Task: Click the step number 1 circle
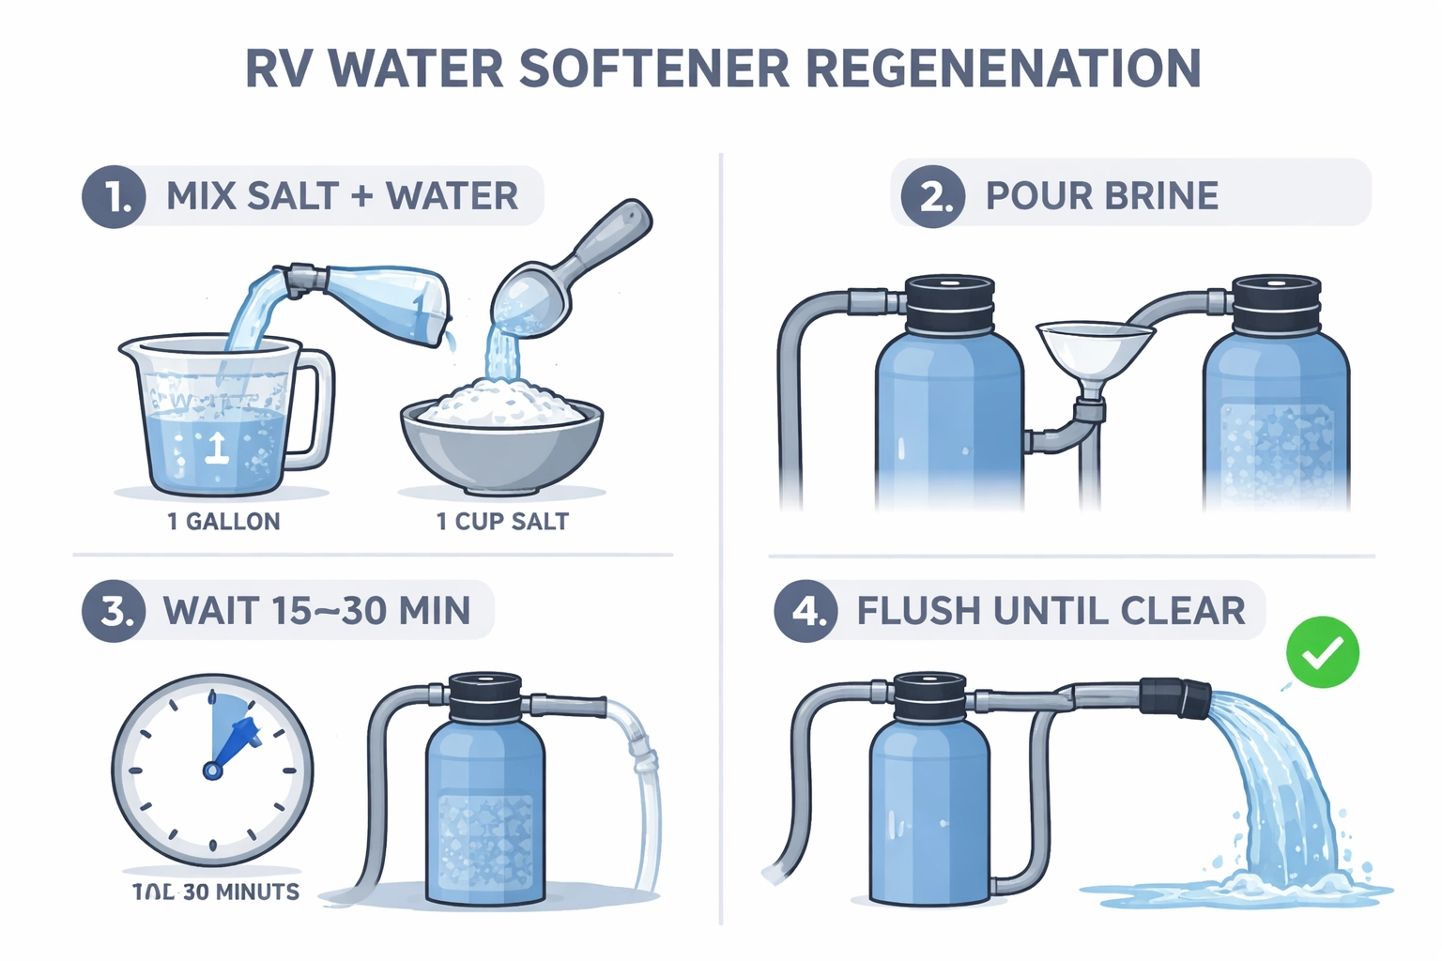tap(114, 197)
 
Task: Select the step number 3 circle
tap(114, 612)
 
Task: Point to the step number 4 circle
tap(805, 612)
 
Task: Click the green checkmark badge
tap(1322, 652)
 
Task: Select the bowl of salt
tap(501, 436)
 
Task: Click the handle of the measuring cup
tap(314, 408)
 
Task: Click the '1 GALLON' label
tap(223, 522)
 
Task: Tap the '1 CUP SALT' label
tap(502, 522)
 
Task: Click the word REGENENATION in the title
tap(1003, 69)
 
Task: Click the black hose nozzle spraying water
tap(1174, 697)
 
